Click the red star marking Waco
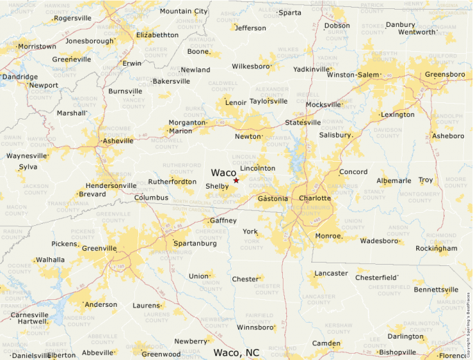tap(236, 180)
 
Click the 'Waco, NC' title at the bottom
tap(236, 352)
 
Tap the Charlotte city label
tap(315, 198)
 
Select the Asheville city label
tap(117, 141)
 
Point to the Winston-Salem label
tap(353, 75)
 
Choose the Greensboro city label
tap(445, 75)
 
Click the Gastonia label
tap(272, 198)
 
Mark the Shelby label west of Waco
tap(216, 187)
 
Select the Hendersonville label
tap(111, 186)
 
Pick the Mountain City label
tap(183, 11)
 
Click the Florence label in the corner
tap(455, 355)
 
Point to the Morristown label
tap(37, 46)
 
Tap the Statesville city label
tap(303, 122)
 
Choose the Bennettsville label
tap(436, 290)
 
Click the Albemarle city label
tap(393, 181)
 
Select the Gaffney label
tap(223, 220)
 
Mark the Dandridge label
tap(19, 77)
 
